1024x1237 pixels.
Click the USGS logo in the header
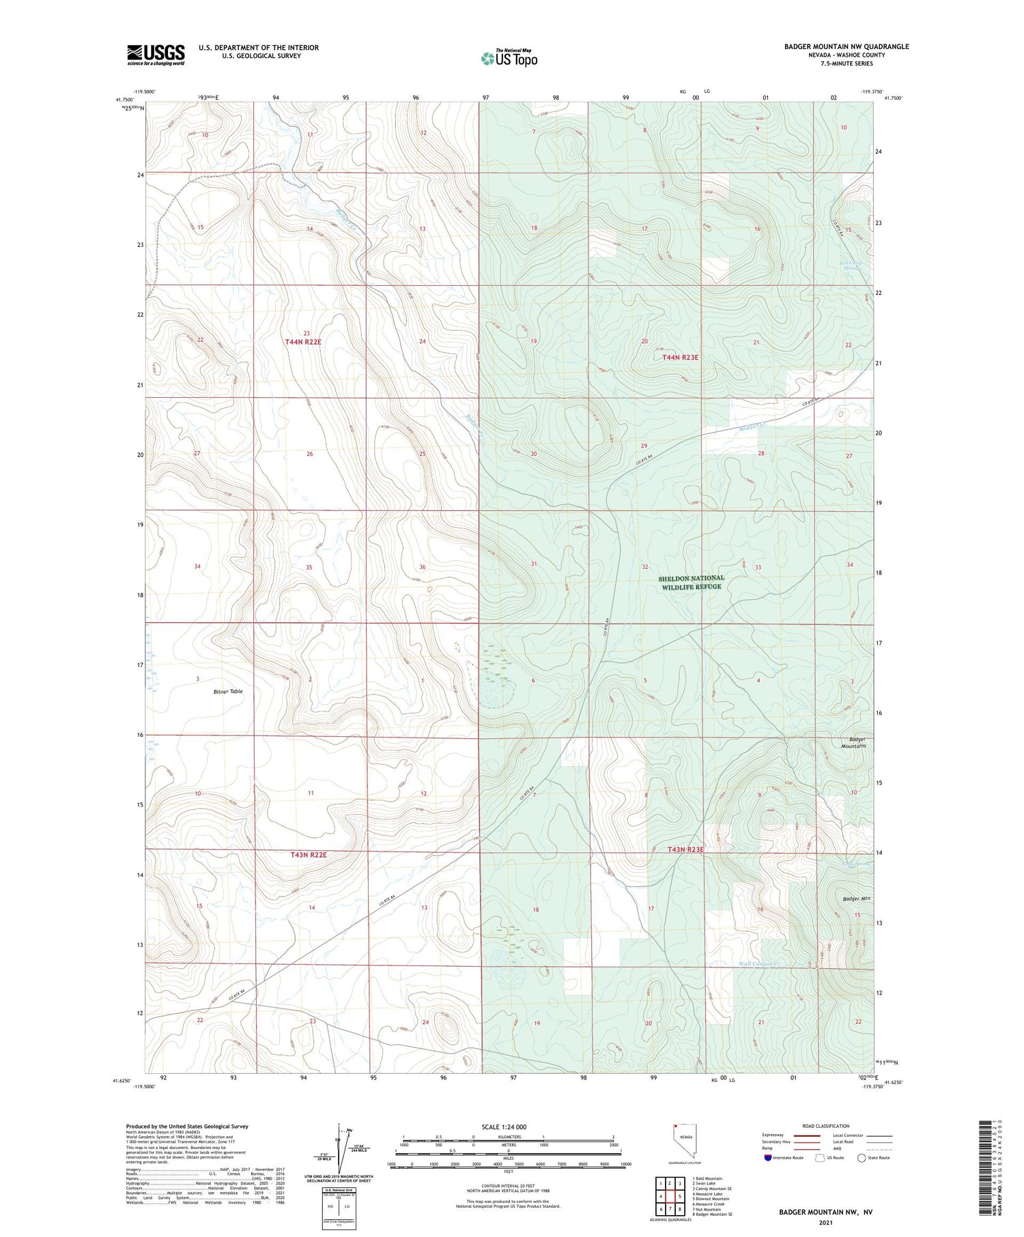coord(156,55)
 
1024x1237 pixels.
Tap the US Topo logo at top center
coord(509,58)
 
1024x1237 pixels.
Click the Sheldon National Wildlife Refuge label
coord(690,582)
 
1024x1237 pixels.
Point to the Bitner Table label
coord(227,691)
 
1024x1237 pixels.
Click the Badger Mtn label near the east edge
coord(856,899)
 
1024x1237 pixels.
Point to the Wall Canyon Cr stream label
coord(759,964)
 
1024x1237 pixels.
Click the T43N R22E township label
coord(309,854)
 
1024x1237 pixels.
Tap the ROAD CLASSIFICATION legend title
coord(826,1126)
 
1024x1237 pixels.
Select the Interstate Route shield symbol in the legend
coord(767,1158)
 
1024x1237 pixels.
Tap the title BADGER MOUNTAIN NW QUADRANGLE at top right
coord(846,46)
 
